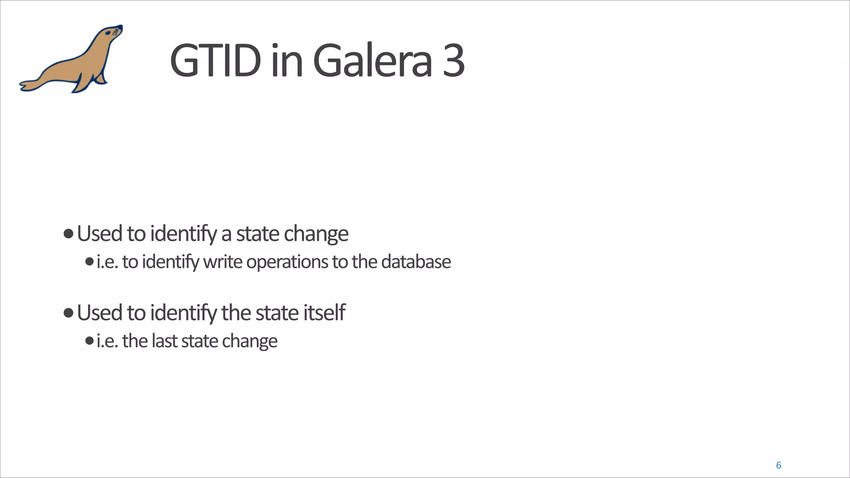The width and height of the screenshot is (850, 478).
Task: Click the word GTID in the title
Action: pos(215,61)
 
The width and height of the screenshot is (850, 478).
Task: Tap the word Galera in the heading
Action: pos(372,61)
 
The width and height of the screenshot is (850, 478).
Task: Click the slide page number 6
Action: pos(778,465)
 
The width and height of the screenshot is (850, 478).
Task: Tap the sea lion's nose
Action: pos(120,27)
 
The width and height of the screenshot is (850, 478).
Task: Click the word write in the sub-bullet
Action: pos(222,262)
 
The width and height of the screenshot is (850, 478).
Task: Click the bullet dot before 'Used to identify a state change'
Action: pos(68,234)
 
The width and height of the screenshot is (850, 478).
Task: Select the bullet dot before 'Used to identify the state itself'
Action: pos(68,312)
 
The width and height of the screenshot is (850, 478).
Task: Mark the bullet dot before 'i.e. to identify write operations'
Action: pos(89,262)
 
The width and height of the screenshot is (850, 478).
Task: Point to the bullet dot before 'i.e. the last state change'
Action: pos(89,341)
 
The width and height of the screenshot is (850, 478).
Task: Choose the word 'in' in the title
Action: pos(287,61)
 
